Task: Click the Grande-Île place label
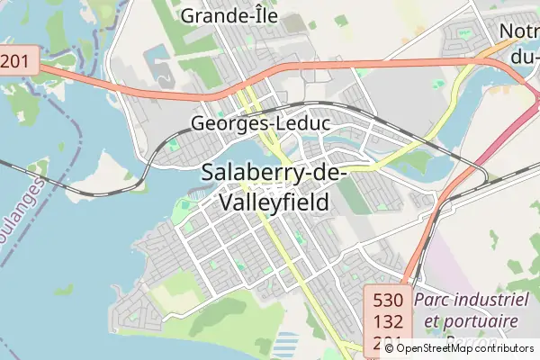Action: coord(229,15)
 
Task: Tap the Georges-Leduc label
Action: coord(261,124)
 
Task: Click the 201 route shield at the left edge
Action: coord(15,61)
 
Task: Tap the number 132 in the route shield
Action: coord(388,322)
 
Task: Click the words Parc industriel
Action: coord(471,299)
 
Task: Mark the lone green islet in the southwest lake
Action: coord(63,290)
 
